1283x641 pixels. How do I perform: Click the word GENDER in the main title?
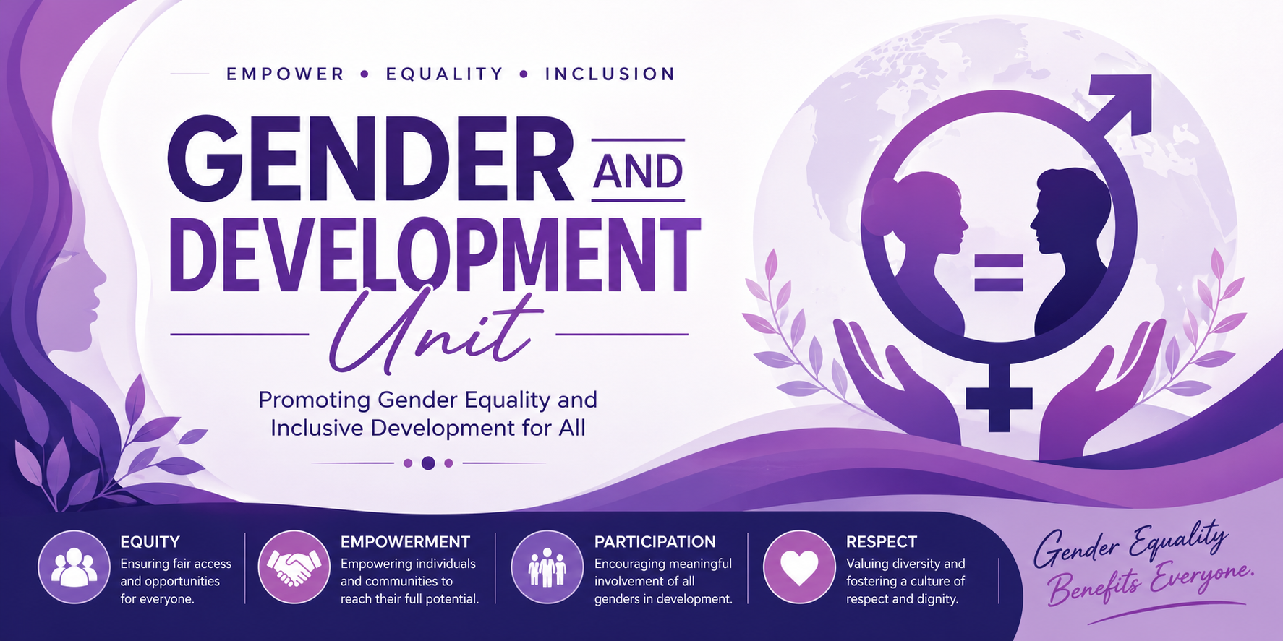370,159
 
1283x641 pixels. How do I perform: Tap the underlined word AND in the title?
639,171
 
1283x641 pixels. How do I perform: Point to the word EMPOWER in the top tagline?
286,74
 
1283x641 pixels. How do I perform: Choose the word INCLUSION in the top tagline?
610,74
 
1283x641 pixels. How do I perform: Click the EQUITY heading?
150,542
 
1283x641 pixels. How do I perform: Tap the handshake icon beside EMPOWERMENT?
294,567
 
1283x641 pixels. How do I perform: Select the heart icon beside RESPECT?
799,567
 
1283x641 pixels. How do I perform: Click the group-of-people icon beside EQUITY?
74,567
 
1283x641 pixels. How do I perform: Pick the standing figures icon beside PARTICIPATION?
547,567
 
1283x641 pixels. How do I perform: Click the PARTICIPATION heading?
655,542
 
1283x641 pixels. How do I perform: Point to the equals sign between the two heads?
999,272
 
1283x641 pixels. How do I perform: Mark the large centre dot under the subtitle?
428,463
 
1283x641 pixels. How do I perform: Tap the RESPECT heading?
882,542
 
